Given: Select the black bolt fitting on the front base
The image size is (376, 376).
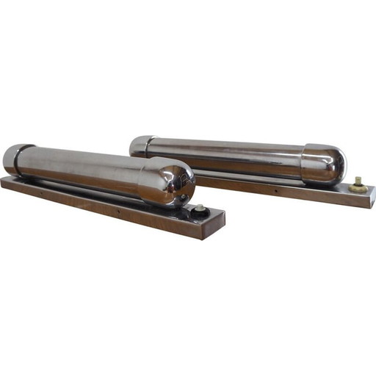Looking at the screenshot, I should click(x=198, y=213).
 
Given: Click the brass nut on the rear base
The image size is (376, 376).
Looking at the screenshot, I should click(x=358, y=187).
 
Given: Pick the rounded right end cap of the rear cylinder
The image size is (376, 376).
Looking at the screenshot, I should click(x=328, y=164).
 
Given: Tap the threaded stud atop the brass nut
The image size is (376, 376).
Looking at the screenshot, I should click(x=359, y=180).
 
